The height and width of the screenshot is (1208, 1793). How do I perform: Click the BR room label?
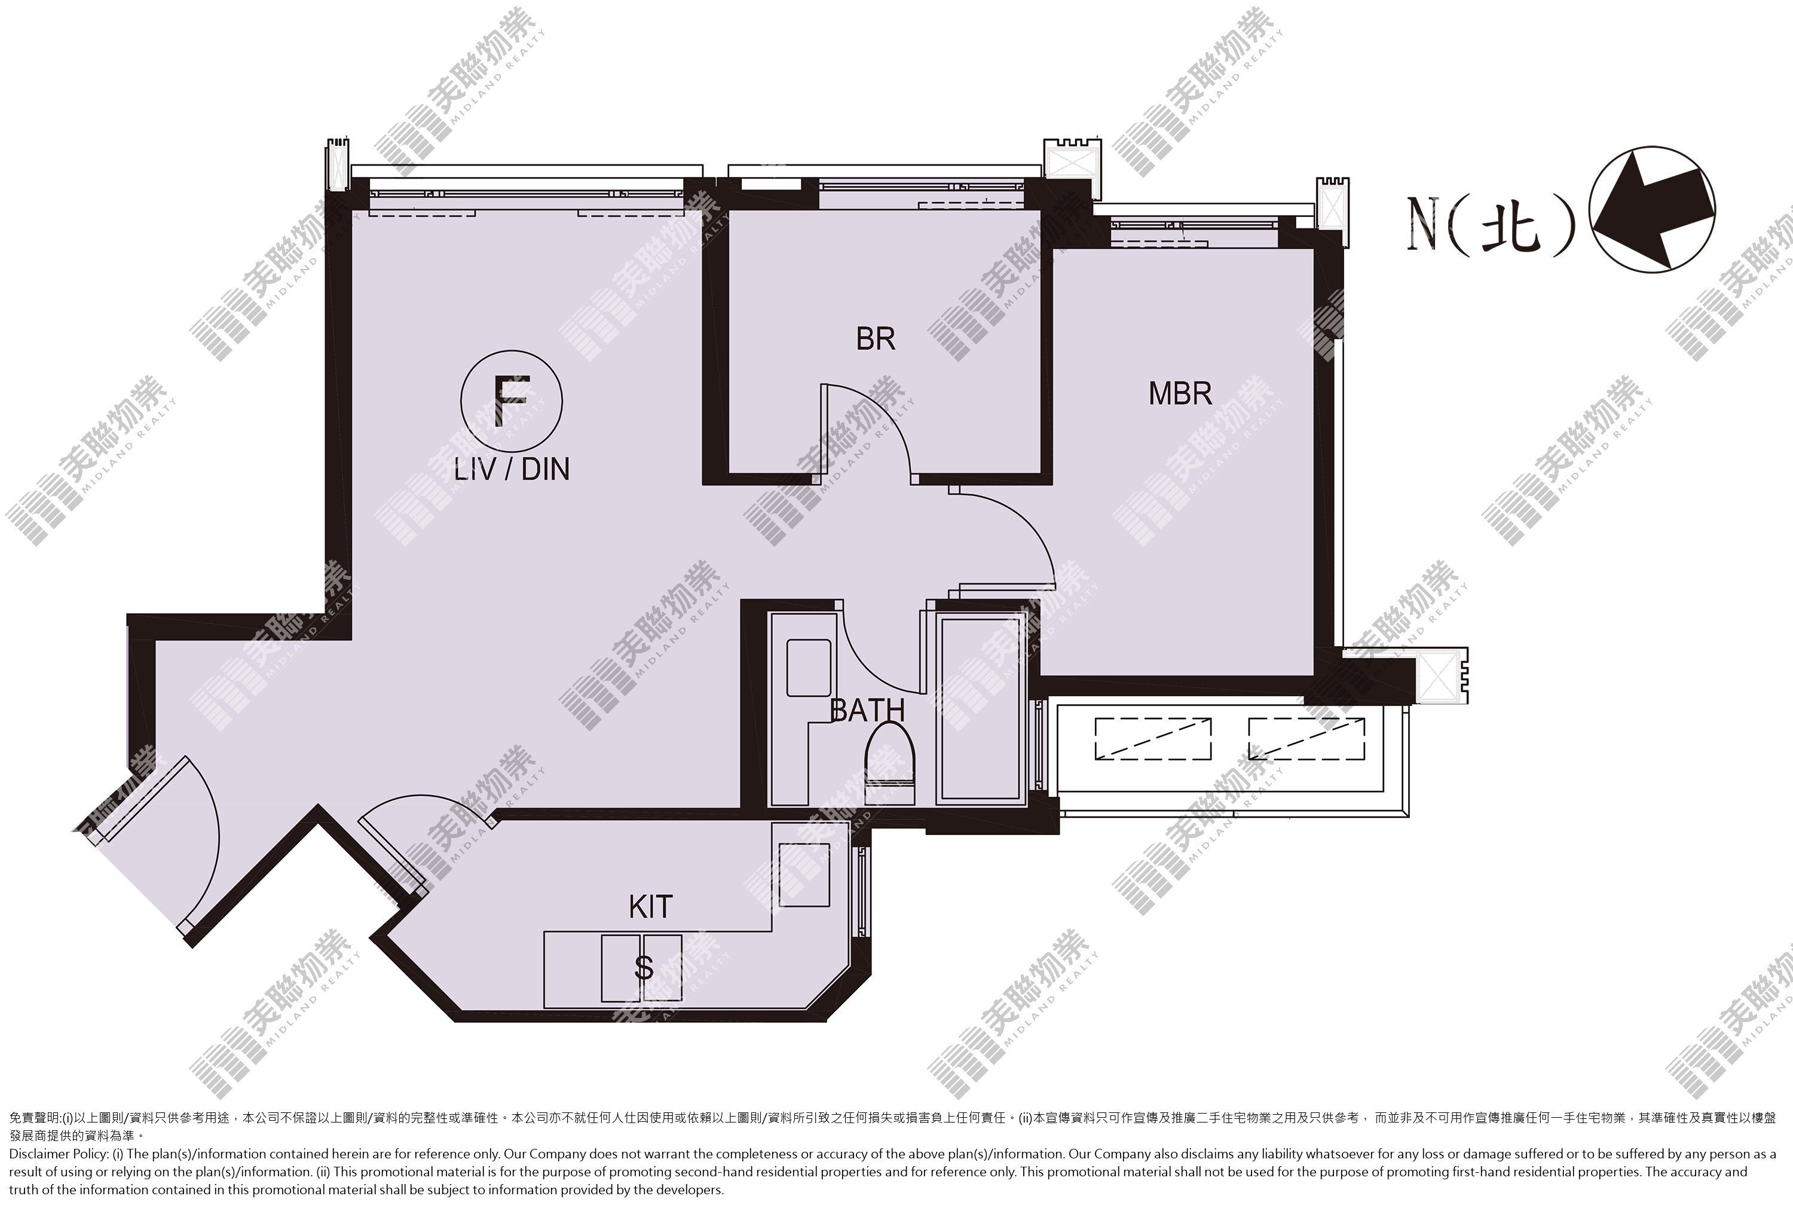876,339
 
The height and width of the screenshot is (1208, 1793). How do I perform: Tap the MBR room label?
1180,394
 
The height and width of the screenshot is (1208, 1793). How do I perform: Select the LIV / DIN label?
512,469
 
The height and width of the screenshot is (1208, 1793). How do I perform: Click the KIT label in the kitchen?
651,907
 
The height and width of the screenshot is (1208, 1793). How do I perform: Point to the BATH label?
867,710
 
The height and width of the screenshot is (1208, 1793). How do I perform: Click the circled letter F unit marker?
512,400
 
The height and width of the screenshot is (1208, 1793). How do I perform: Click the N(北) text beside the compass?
1492,224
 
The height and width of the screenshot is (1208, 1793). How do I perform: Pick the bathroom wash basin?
808,668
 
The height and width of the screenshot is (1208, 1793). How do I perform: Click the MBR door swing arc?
1024,524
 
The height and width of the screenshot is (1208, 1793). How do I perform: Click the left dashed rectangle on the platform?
1153,739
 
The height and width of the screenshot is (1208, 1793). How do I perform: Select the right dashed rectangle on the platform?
1306,739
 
